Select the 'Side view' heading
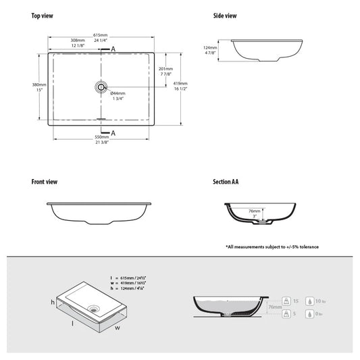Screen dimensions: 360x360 [x=225, y=16]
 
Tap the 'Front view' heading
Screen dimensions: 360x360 [x=45, y=182]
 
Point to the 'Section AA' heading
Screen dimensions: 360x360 [x=226, y=182]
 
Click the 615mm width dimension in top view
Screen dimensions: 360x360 [x=101, y=34]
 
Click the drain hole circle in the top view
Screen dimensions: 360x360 [x=101, y=86]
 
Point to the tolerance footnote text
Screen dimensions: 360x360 [x=272, y=247]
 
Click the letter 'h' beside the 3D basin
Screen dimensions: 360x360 [x=53, y=301]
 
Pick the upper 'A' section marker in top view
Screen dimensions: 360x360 [x=113, y=49]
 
